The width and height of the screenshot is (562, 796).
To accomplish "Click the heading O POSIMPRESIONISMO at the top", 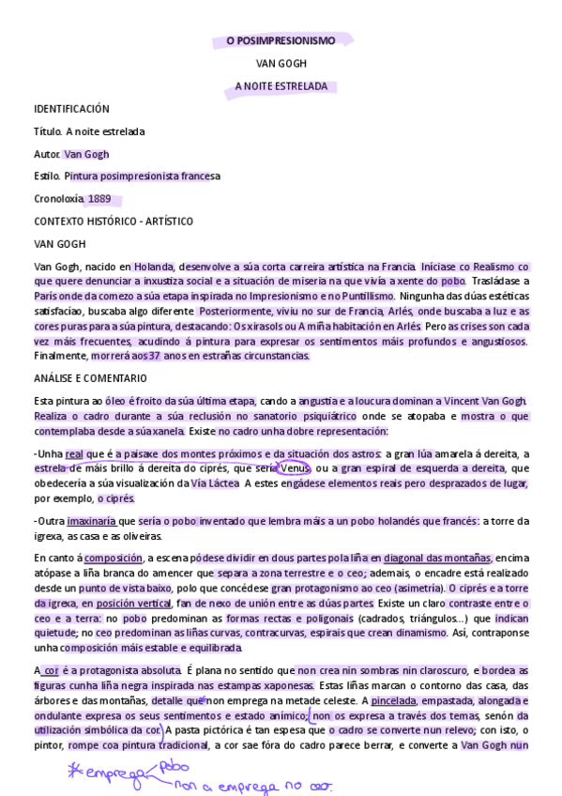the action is click(281, 41).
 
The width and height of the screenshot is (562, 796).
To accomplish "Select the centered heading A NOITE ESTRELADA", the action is click(281, 86).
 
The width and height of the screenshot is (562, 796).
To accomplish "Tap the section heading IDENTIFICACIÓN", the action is click(71, 109).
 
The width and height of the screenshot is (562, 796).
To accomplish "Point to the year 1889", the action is click(99, 199).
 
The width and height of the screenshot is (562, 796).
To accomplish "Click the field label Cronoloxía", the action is click(58, 199).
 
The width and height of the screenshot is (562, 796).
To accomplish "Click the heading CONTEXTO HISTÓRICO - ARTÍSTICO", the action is click(114, 222).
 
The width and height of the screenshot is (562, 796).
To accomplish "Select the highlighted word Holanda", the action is click(154, 267).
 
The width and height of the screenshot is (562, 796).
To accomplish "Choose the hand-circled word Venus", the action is click(295, 468).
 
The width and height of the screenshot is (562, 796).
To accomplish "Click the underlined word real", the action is click(74, 454).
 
